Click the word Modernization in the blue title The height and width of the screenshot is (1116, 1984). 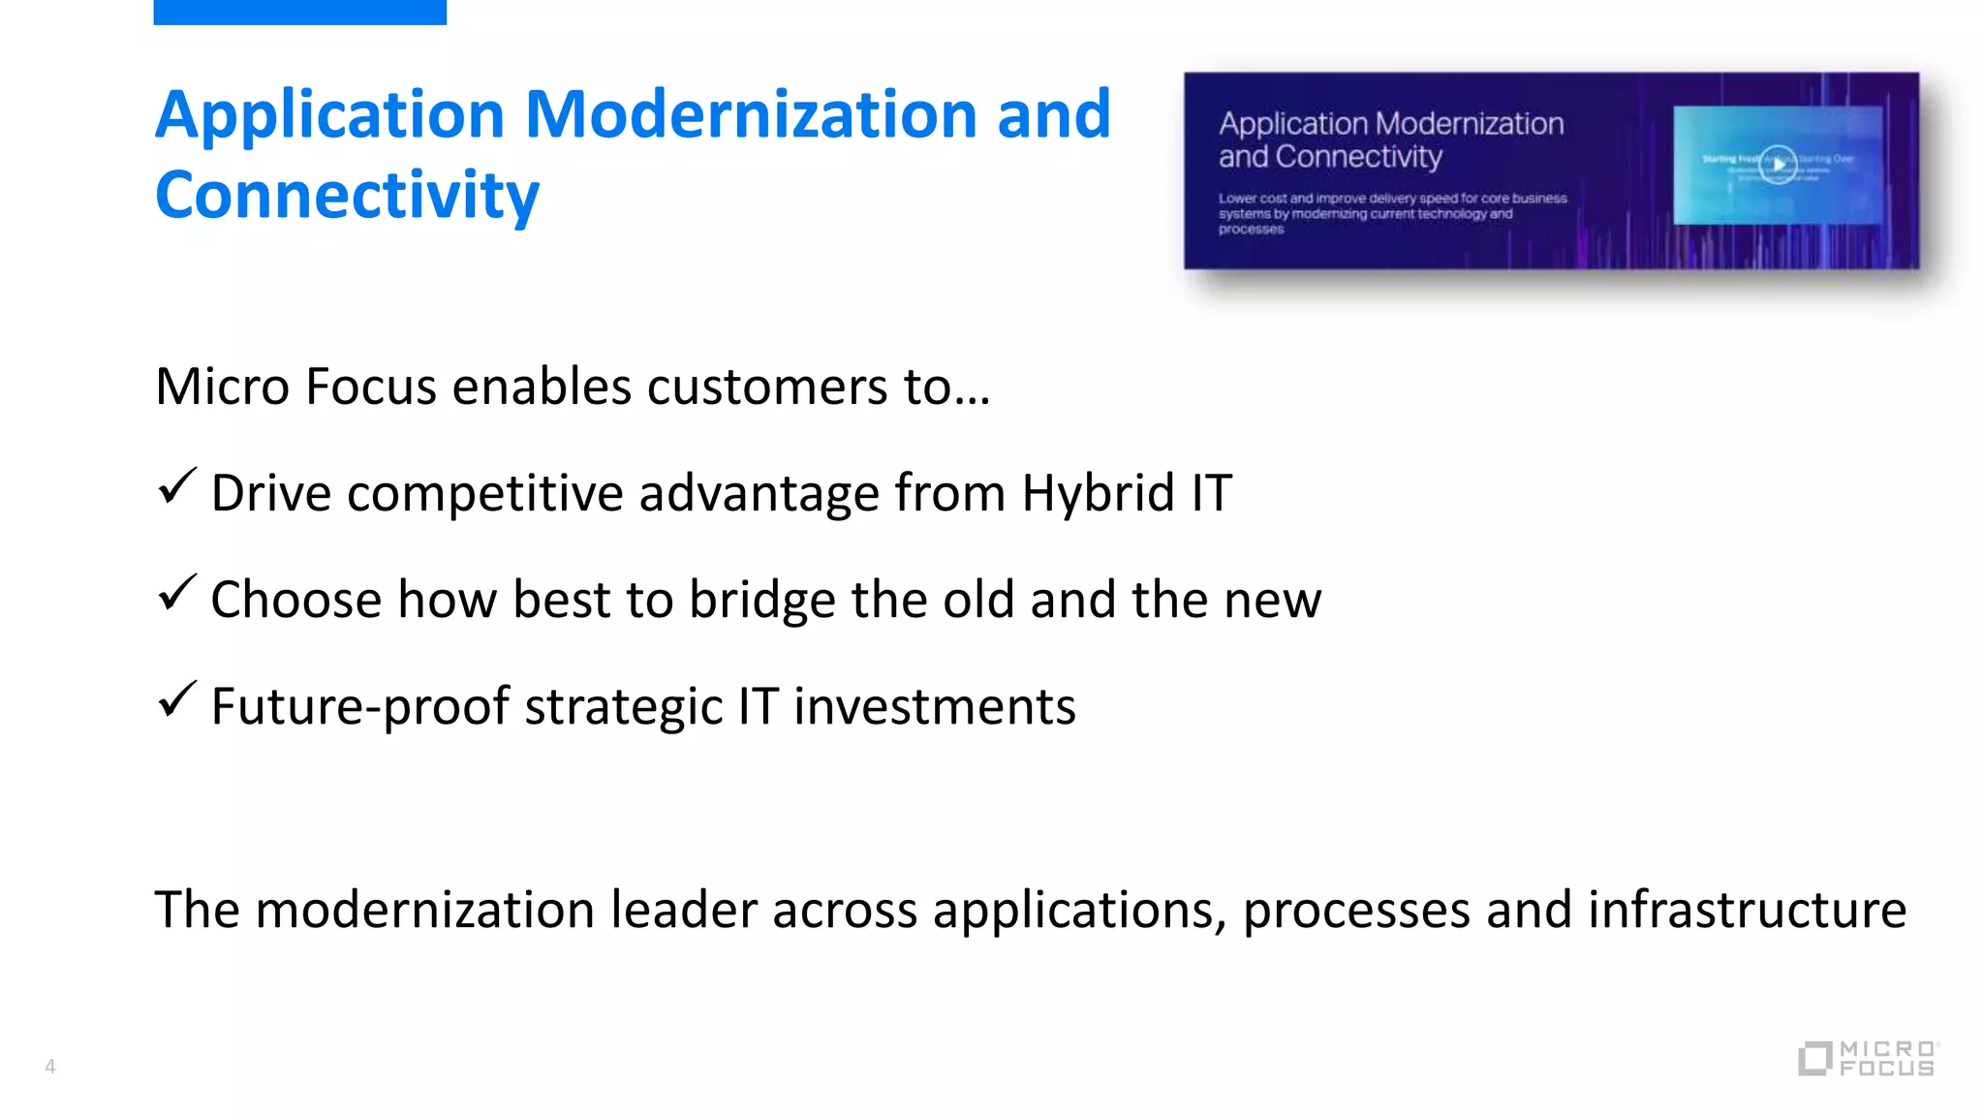pos(750,115)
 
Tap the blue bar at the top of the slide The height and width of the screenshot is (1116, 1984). pos(299,12)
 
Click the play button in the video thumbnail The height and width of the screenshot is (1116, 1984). pos(1778,164)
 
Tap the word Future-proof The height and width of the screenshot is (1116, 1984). pos(359,706)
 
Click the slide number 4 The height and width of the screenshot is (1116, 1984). pos(50,1067)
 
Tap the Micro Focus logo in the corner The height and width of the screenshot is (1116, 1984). pos(1867,1058)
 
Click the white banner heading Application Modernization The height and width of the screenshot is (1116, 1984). pos(1390,124)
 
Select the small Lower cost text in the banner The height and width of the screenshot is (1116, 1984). pos(1391,213)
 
